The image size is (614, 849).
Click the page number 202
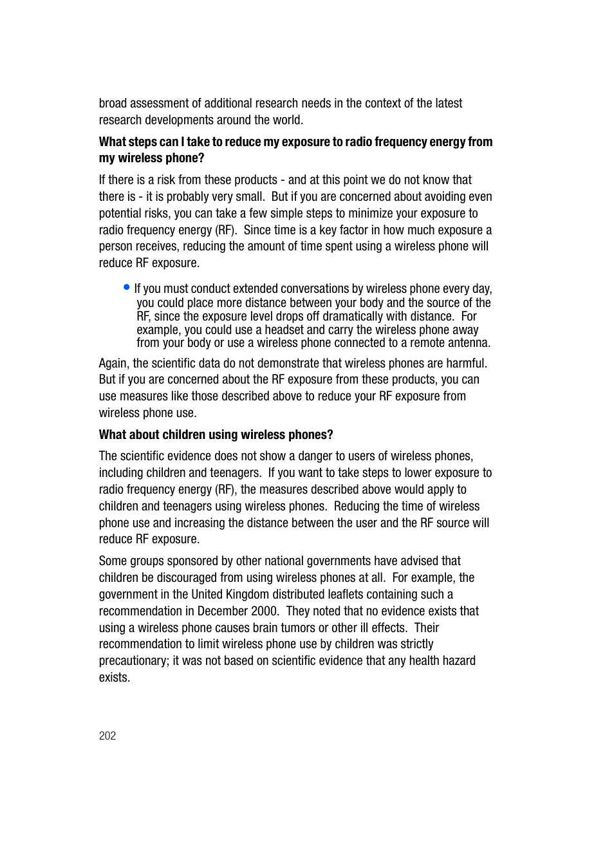[x=107, y=736]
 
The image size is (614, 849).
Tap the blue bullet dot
[x=127, y=287]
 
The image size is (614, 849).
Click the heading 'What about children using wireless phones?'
[x=216, y=434]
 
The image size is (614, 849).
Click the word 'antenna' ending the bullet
[x=468, y=343]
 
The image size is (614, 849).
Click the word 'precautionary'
[x=133, y=661]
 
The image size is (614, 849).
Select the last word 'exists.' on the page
[x=115, y=677]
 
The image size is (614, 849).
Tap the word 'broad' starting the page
[x=113, y=103]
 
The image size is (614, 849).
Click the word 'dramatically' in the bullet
[x=357, y=316]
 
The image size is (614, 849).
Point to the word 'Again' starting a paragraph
[x=113, y=363]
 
